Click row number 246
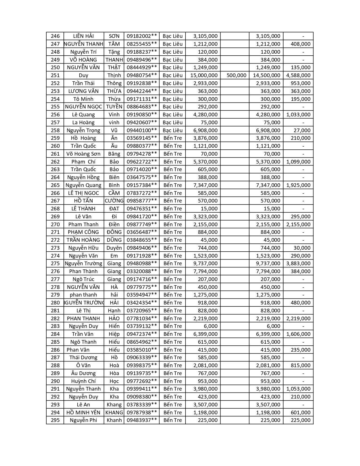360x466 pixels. click(x=55, y=36)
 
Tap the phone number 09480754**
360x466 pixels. click(x=142, y=75)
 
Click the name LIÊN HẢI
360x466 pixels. click(x=83, y=36)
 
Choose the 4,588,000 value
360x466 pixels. click(x=298, y=75)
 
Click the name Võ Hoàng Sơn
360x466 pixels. click(x=83, y=154)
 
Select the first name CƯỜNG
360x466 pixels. click(x=114, y=201)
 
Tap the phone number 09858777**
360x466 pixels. click(x=142, y=201)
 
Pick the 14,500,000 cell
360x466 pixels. click(x=267, y=75)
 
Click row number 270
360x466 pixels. click(x=55, y=225)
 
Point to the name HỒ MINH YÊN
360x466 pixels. click(x=83, y=413)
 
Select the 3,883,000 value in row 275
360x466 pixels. click(x=298, y=264)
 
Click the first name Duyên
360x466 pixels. click(x=114, y=248)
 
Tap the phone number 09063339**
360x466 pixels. click(x=142, y=358)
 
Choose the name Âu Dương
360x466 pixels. click(x=83, y=373)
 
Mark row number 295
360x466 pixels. click(x=55, y=420)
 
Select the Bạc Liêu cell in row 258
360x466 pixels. click(x=173, y=130)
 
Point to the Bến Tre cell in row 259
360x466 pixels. click(x=173, y=138)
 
